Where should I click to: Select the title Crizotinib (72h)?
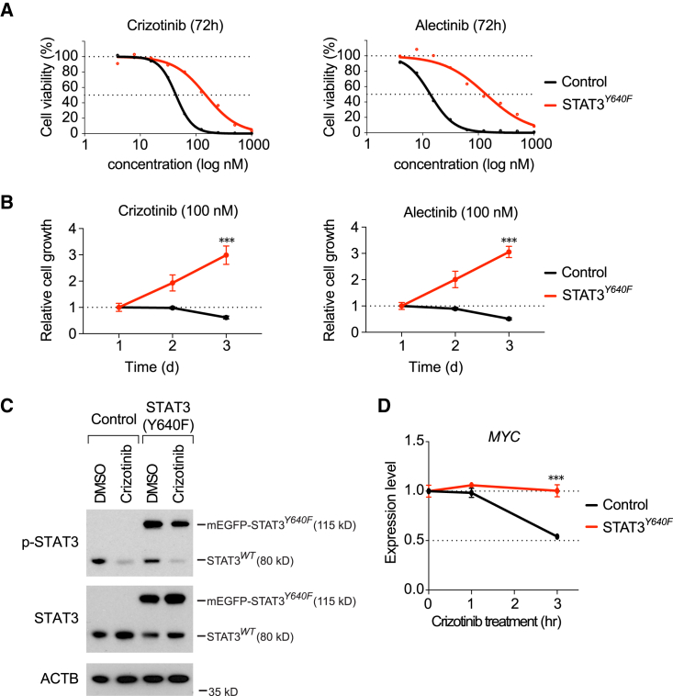pyautogui.click(x=150, y=23)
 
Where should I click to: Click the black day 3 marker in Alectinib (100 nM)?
pyautogui.click(x=509, y=319)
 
